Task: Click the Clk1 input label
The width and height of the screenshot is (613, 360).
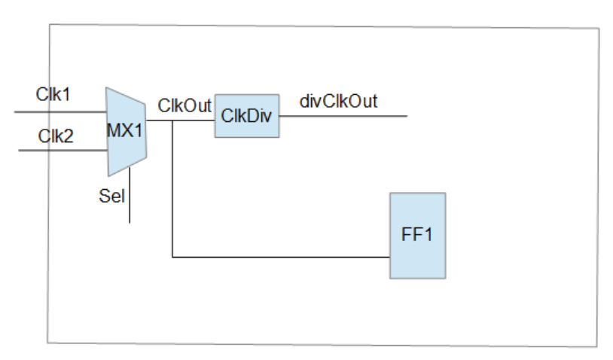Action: [52, 95]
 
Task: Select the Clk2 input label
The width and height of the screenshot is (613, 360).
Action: [56, 136]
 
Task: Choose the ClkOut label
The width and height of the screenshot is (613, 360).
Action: [185, 105]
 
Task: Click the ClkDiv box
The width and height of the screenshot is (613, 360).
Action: [246, 116]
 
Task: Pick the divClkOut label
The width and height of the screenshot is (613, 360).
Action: [338, 101]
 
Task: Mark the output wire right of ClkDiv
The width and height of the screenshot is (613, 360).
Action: [343, 117]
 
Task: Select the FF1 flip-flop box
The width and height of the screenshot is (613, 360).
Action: [417, 235]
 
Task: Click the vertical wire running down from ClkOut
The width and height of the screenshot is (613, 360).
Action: [172, 188]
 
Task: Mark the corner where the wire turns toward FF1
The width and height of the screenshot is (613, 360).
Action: [172, 258]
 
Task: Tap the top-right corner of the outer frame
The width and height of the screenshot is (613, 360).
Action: [599, 29]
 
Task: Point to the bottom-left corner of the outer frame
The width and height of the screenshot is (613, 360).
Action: [50, 343]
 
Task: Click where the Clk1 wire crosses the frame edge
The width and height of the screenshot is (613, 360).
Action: [50, 112]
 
